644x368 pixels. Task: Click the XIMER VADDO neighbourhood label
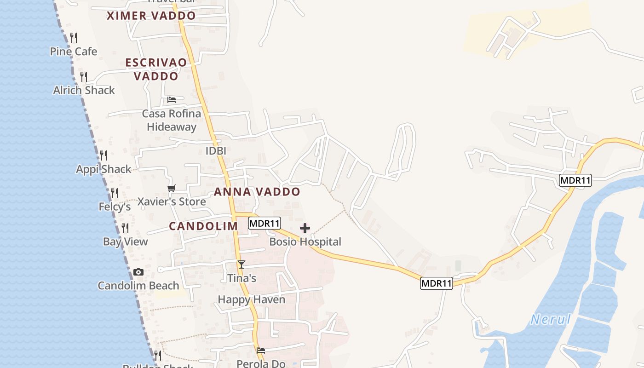pos(151,16)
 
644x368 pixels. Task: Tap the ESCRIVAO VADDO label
pos(156,69)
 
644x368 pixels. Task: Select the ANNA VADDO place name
pos(257,192)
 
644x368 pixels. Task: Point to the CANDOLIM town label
pos(203,226)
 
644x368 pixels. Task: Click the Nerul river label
pos(550,319)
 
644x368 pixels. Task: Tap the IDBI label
pos(216,151)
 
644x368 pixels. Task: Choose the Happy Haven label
pos(251,299)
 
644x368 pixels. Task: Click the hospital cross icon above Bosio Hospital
pos(305,228)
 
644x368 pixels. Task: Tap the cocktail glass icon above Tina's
pos(241,264)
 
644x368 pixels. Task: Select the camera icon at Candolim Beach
pos(138,272)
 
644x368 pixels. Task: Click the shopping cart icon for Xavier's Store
pos(172,188)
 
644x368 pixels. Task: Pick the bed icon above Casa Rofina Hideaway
pos(172,100)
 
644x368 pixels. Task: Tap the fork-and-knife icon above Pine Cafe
pos(74,38)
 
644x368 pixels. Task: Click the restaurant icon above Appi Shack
pos(103,155)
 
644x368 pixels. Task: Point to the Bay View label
pos(125,241)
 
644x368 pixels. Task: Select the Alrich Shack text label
pos(84,90)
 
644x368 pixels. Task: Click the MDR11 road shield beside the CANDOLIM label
pos(264,224)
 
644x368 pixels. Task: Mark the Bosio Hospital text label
pos(305,241)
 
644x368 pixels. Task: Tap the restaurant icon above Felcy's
pos(115,193)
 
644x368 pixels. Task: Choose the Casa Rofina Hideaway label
pos(171,120)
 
